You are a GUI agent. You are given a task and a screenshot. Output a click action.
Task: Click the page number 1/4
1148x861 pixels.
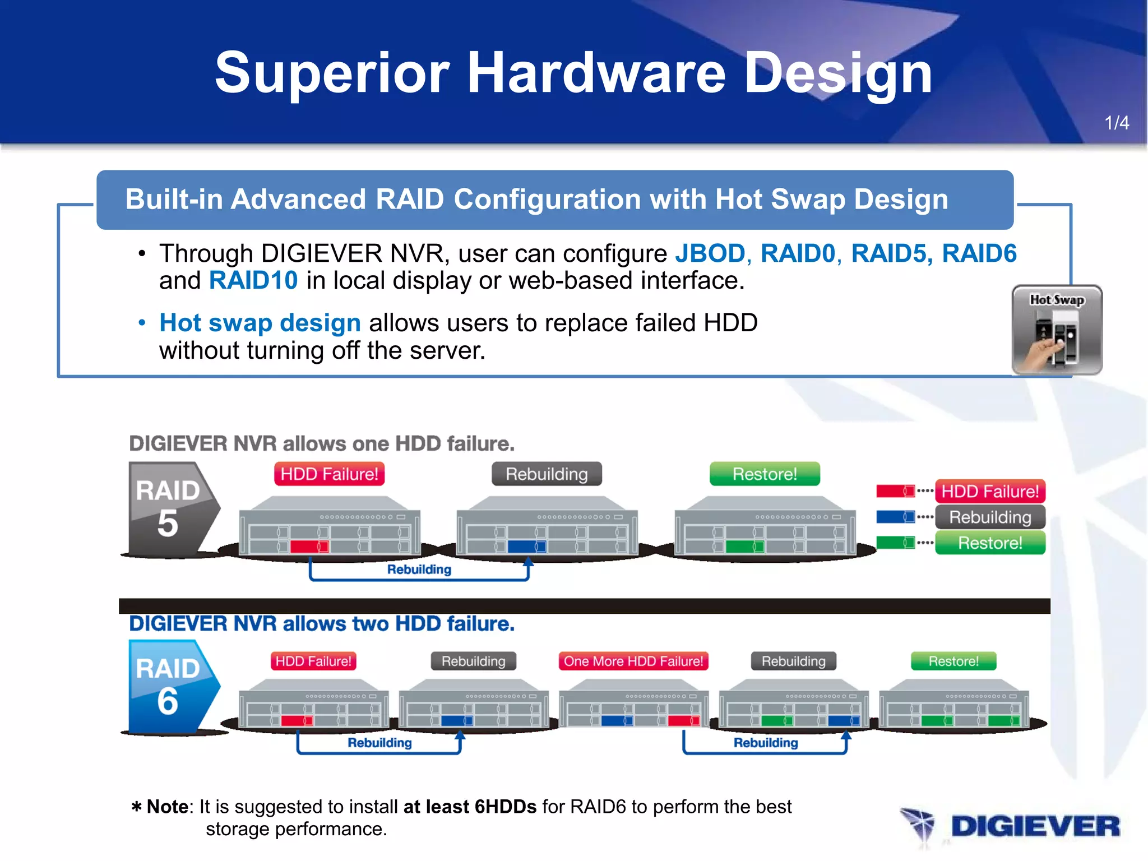point(1116,123)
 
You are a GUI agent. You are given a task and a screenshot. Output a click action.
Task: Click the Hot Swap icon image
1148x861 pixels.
point(1057,330)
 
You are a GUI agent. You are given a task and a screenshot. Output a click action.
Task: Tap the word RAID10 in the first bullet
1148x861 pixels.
point(253,280)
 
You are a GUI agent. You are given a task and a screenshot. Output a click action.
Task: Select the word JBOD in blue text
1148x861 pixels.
point(710,253)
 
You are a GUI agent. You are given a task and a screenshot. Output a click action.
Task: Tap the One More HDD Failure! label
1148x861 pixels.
point(633,661)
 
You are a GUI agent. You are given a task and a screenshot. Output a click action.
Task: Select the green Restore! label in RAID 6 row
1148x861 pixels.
point(953,661)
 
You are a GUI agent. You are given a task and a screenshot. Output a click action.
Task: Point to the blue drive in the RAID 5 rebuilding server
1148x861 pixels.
point(526,546)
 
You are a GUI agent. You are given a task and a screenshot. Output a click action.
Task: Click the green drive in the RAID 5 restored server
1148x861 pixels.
point(744,546)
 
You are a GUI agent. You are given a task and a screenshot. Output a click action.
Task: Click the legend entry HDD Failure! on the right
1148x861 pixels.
point(989,492)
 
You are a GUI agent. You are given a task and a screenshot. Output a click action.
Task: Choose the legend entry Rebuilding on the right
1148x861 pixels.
point(989,517)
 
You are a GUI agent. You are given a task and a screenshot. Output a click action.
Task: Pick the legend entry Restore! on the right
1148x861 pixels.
point(989,543)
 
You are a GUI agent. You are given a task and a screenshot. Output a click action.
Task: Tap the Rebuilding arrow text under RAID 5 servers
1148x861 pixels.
point(419,570)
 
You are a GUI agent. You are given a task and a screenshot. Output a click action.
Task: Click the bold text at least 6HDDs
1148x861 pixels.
point(470,807)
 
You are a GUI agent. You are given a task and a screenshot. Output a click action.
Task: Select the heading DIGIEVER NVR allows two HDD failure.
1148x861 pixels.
point(322,624)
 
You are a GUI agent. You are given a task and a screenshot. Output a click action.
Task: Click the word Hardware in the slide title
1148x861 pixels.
point(596,73)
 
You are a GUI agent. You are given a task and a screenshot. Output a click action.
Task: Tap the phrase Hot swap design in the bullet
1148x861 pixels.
point(260,323)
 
